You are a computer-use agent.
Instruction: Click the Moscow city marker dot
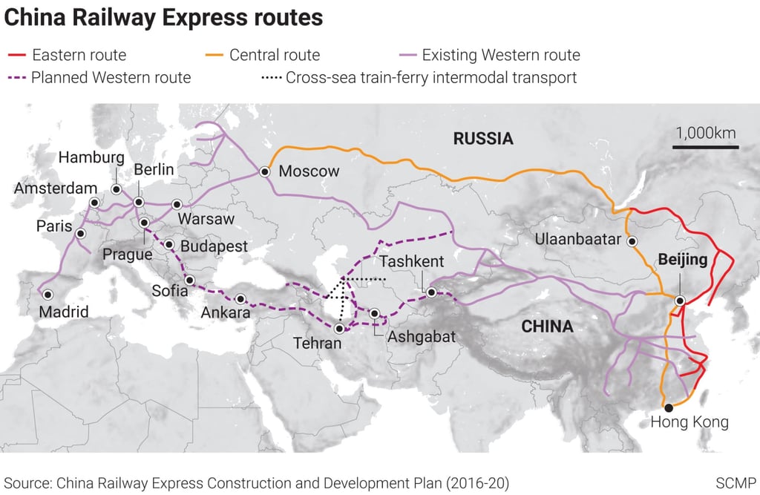tap(265, 171)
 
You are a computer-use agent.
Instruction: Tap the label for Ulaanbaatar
tap(577, 240)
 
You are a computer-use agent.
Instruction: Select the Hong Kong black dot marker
tap(669, 407)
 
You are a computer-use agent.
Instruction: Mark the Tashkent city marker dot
tap(431, 292)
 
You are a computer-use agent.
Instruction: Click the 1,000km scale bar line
tap(705, 148)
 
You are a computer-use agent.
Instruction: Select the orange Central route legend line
tap(214, 55)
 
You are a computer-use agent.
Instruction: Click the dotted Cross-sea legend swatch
tap(270, 77)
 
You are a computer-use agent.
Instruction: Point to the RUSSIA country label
tap(483, 139)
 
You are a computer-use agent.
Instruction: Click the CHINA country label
tap(547, 327)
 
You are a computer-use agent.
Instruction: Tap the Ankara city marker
tap(240, 300)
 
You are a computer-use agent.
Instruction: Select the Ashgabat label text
tap(421, 335)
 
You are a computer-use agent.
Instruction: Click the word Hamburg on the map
tap(91, 157)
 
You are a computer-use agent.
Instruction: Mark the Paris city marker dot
tap(80, 233)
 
